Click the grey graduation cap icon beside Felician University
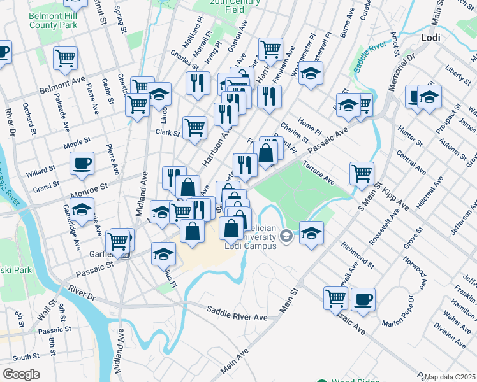tap(286, 236)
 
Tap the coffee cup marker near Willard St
tap(82, 163)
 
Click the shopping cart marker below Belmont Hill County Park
tap(65, 58)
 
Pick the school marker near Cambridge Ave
tap(82, 208)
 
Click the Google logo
tap(21, 374)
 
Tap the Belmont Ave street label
tap(62, 82)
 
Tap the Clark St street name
tap(168, 132)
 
